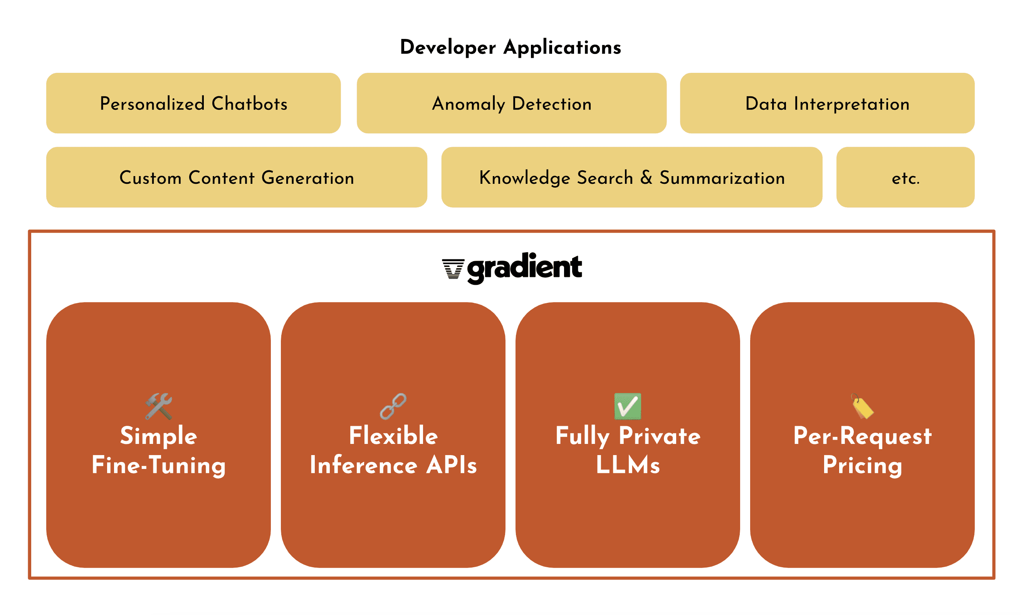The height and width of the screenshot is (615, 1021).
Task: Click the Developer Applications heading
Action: click(510, 48)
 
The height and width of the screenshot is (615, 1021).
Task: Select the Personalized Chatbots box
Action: click(193, 103)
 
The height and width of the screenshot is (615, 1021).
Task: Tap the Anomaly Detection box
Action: click(512, 103)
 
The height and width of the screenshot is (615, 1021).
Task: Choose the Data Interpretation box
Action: click(827, 103)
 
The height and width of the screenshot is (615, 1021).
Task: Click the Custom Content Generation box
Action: click(237, 177)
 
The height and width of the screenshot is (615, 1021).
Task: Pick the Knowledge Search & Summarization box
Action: click(632, 177)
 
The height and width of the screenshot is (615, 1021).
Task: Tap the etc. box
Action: click(905, 177)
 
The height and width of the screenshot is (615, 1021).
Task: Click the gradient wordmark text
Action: click(525, 269)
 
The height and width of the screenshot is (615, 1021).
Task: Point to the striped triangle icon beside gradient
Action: click(453, 269)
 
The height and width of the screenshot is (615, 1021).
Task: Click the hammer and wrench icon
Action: click(159, 406)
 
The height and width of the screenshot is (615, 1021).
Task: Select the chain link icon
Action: click(393, 406)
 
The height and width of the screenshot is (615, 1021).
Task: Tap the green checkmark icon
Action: click(628, 406)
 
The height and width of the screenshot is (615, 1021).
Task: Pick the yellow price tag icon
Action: click(862, 406)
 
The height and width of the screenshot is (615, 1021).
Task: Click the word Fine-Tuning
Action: click(159, 465)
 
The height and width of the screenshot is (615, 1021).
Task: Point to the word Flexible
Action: click(393, 435)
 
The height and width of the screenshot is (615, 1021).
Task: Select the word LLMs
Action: click(628, 465)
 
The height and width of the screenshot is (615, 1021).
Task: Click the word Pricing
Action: click(862, 465)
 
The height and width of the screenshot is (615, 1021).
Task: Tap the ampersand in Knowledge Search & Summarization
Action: click(647, 177)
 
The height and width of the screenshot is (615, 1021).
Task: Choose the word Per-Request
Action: click(862, 436)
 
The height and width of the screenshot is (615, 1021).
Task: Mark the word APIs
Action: click(452, 465)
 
